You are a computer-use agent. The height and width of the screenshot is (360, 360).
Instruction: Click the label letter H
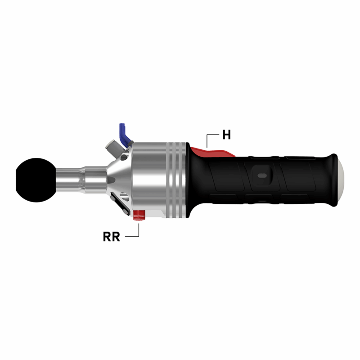226,134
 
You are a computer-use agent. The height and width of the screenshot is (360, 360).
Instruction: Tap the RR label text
111,236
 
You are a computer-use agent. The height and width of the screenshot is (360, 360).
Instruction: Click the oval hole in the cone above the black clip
125,198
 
